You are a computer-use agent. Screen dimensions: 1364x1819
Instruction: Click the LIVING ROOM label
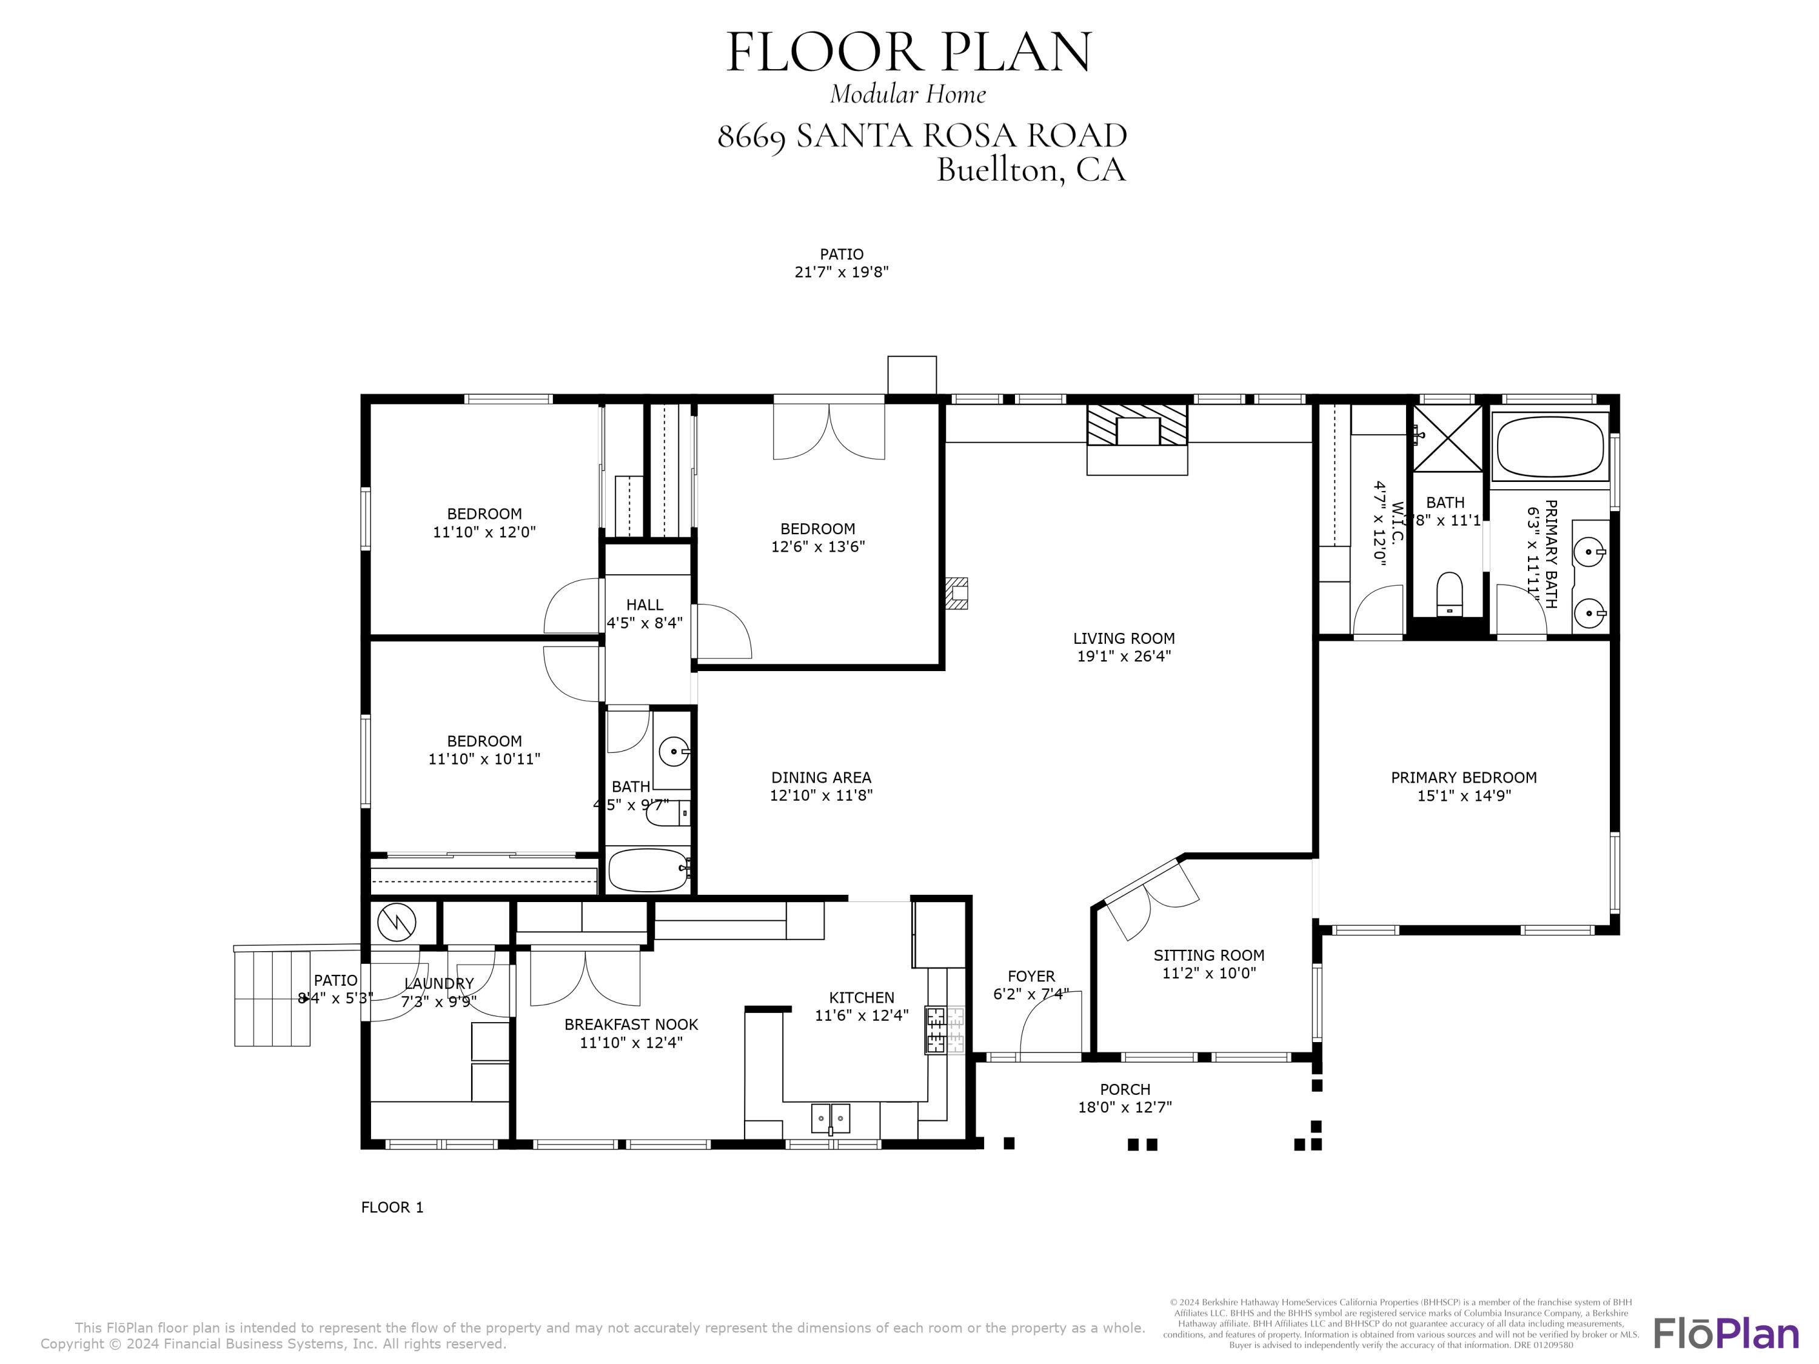1124,638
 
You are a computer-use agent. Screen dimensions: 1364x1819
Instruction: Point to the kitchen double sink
831,1118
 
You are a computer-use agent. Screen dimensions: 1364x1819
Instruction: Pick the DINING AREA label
821,777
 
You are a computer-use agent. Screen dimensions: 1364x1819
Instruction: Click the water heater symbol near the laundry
397,923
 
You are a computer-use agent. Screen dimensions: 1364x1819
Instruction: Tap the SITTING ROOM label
1208,955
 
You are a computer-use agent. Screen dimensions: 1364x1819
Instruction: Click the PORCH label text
1125,1089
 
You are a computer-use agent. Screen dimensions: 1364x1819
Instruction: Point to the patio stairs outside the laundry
272,997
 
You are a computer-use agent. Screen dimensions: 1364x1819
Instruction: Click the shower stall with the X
1447,438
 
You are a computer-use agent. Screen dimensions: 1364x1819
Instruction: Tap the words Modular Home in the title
908,94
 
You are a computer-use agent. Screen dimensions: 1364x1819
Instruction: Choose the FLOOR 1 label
392,1207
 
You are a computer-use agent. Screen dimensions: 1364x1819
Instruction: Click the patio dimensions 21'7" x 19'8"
841,272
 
